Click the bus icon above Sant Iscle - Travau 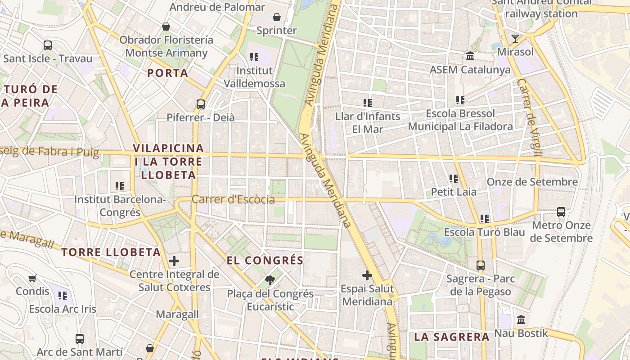click(x=47, y=45)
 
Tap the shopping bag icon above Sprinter click(x=276, y=18)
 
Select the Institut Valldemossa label click(x=254, y=77)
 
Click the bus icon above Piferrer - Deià click(x=201, y=104)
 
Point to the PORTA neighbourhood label click(x=168, y=73)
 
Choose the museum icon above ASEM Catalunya click(x=470, y=56)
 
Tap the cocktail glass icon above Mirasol click(x=515, y=39)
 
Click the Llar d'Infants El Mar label click(x=368, y=122)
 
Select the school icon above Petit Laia click(x=454, y=179)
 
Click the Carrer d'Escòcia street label click(x=233, y=199)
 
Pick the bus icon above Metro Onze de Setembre click(x=561, y=211)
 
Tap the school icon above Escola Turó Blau click(x=484, y=219)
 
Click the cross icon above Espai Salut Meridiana click(x=367, y=275)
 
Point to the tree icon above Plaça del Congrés click(x=270, y=281)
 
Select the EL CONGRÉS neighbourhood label click(x=265, y=261)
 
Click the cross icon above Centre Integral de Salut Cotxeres click(x=174, y=261)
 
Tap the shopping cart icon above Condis click(x=32, y=278)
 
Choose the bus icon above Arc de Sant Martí click(x=80, y=338)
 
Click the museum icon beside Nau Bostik click(x=521, y=320)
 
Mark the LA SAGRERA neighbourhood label click(x=451, y=337)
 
